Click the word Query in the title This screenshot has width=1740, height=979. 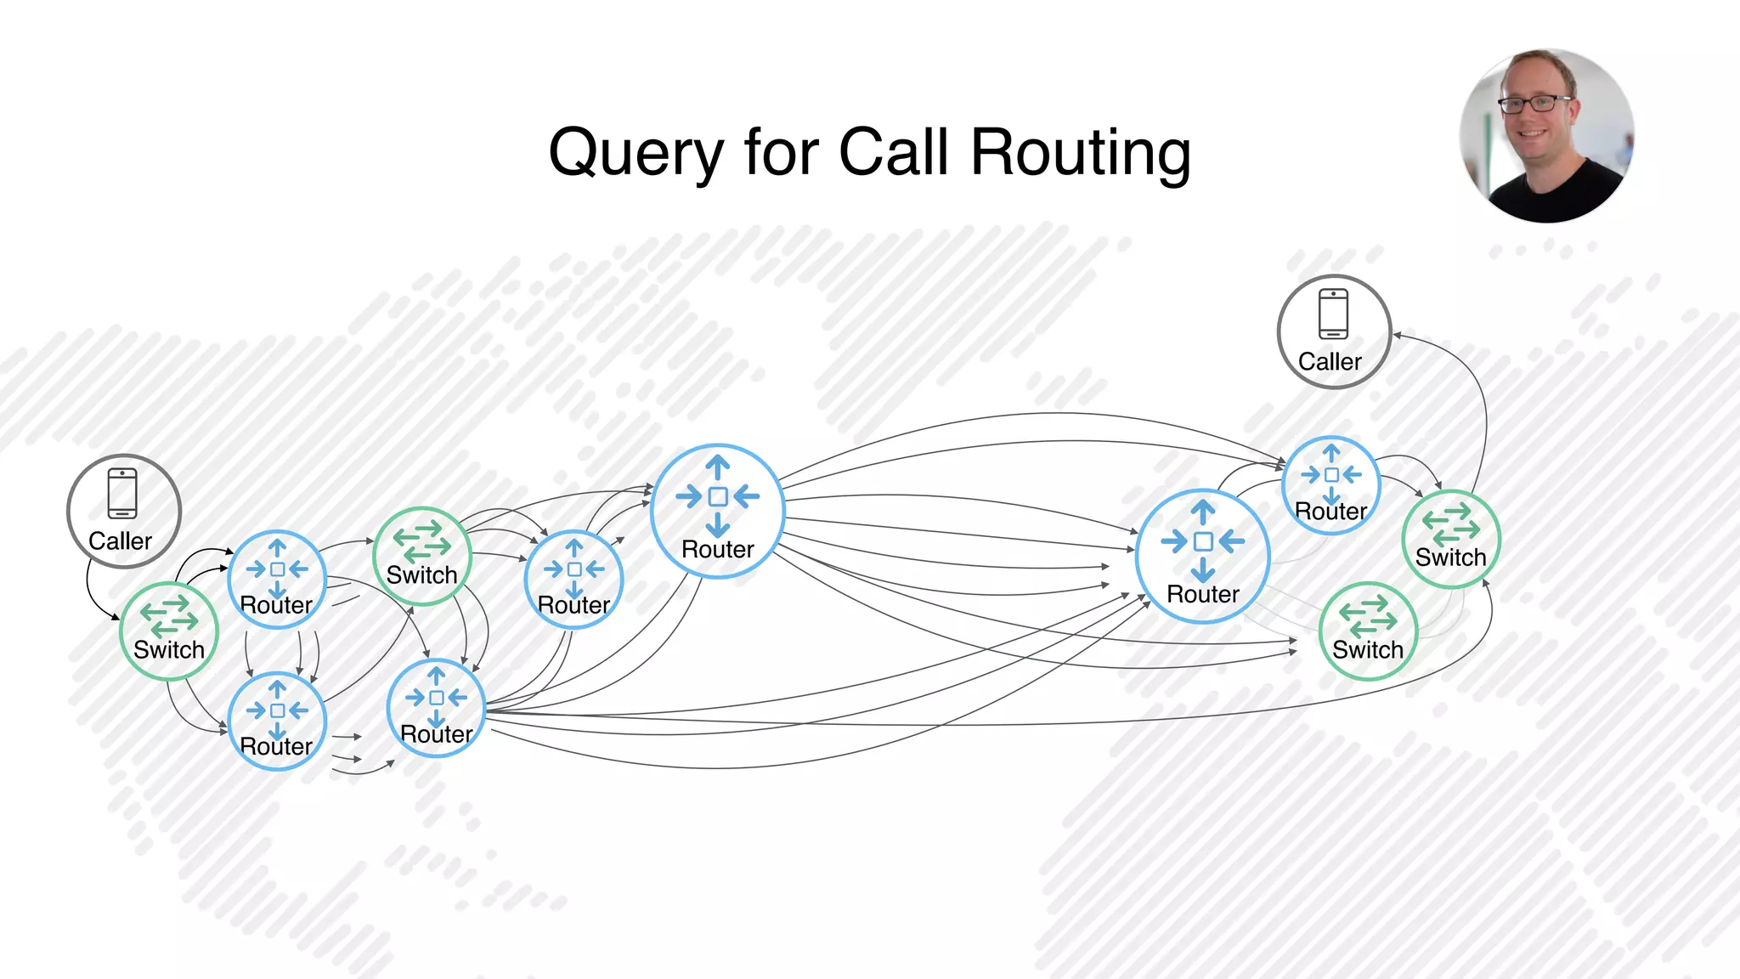(636, 153)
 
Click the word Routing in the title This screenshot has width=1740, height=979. (1080, 153)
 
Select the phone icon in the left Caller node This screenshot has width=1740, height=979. (122, 494)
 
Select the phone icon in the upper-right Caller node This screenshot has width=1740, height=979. (1333, 314)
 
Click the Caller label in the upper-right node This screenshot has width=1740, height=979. (1330, 362)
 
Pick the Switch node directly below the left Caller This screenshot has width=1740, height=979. (169, 631)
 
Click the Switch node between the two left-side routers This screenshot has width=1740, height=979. (421, 556)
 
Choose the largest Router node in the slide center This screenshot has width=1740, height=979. (717, 511)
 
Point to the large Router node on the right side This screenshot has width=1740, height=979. (1202, 556)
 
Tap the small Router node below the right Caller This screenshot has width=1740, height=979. (1330, 485)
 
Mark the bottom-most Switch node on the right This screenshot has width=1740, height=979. (1367, 631)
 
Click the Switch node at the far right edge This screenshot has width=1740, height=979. (1450, 539)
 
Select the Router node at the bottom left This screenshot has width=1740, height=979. (277, 721)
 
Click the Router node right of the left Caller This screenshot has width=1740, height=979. (277, 580)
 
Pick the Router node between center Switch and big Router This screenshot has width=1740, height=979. (574, 580)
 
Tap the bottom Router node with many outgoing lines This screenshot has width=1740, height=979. (436, 708)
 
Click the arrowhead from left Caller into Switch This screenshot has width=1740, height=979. (116, 617)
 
